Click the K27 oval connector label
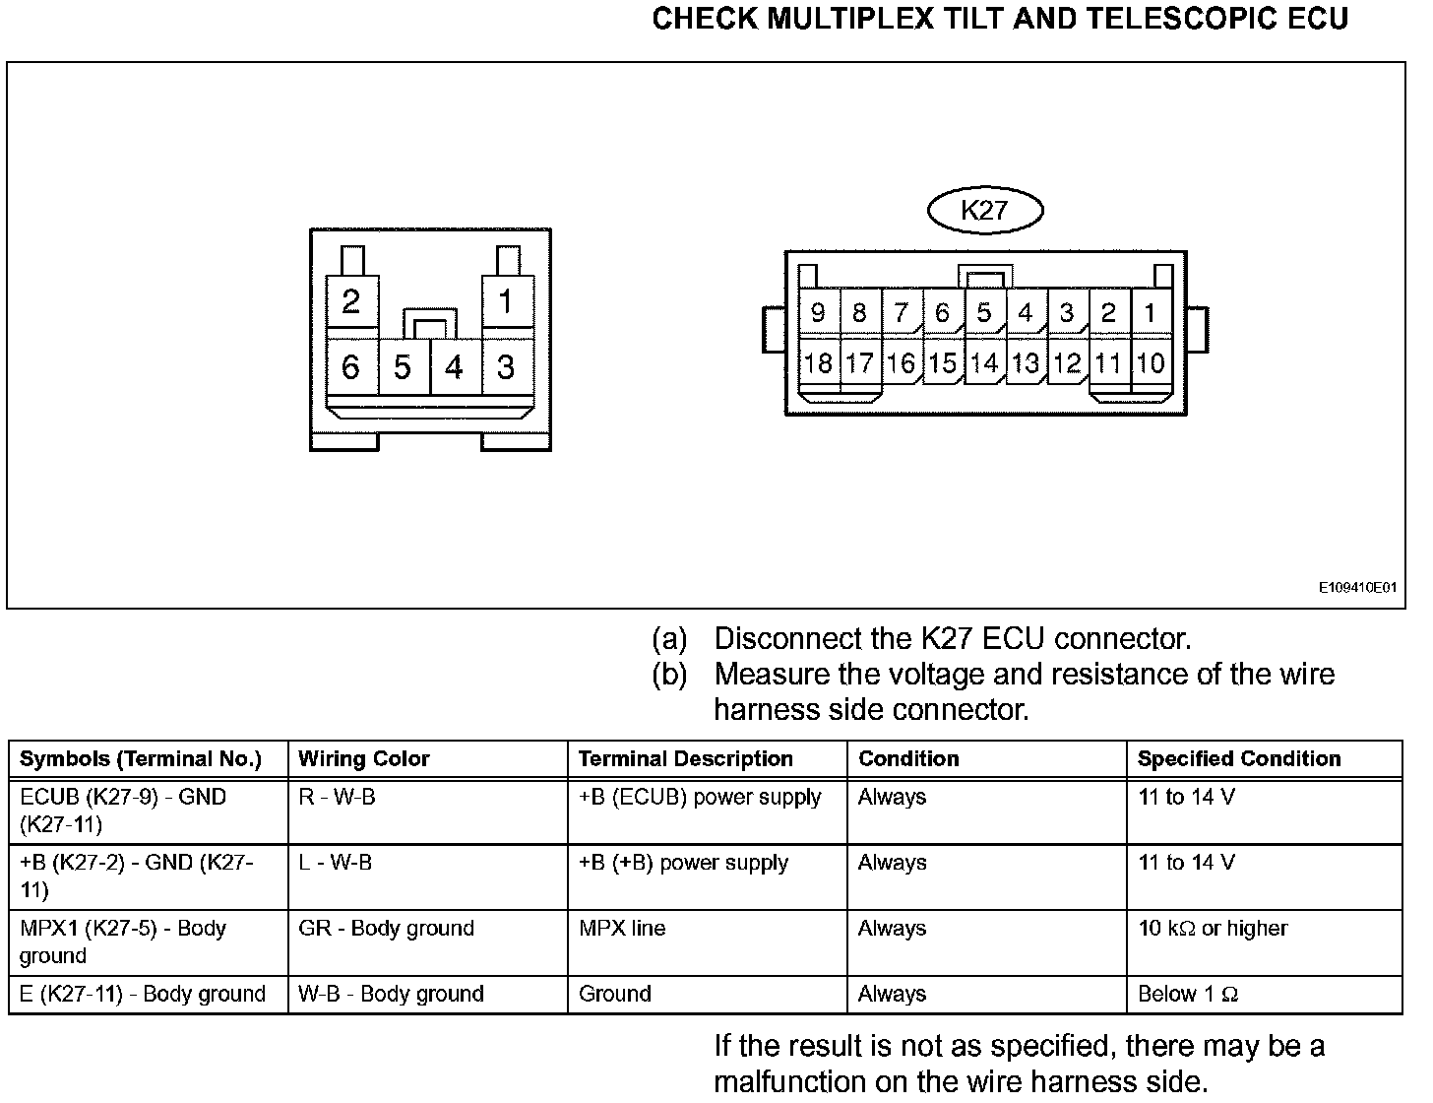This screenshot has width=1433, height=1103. (x=985, y=209)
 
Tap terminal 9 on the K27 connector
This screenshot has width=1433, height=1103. (x=818, y=313)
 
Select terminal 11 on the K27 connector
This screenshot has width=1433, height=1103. (x=1108, y=363)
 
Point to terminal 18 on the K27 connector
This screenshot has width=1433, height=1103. (x=818, y=363)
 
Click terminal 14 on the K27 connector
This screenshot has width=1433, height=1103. (x=984, y=363)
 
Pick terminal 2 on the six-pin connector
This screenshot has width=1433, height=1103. (x=350, y=301)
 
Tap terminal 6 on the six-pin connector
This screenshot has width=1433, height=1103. (x=350, y=367)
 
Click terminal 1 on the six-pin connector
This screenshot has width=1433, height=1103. (x=506, y=301)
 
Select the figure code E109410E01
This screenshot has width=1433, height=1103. (x=1358, y=588)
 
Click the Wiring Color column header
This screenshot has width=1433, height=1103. (x=364, y=759)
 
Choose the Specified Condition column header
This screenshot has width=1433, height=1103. (x=1239, y=759)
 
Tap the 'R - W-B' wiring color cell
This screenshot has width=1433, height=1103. (x=337, y=797)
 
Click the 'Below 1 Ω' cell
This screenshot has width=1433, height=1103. (x=1187, y=994)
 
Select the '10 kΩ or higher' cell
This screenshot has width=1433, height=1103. (x=1213, y=928)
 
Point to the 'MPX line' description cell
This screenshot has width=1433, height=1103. (x=622, y=928)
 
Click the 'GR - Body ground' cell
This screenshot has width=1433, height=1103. (x=386, y=928)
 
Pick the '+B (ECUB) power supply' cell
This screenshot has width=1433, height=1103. (x=700, y=797)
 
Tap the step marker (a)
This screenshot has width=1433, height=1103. (x=669, y=639)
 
